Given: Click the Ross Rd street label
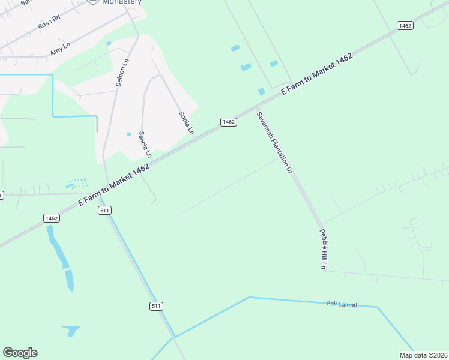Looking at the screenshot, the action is pos(49,23).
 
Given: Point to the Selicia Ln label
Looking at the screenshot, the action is pos(145,145).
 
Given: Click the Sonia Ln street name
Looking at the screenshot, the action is pos(187,123).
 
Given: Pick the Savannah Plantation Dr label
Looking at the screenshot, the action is pos(274,143).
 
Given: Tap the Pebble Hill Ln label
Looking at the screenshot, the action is pos(323,250).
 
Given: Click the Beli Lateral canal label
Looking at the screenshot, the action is pos(342,305).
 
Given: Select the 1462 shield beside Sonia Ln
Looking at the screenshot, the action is pos(228,122).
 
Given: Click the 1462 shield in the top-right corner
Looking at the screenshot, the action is pos(405,25).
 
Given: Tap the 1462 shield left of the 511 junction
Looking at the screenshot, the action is pos(51,218).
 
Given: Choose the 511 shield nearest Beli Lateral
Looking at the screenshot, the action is pos(156,306).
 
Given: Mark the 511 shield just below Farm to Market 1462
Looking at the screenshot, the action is pos(105,210).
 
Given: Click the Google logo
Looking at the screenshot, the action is pos(20,353).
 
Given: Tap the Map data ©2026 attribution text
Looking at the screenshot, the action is pos(423,355).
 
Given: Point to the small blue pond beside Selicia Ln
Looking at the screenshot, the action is pos(129,134).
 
